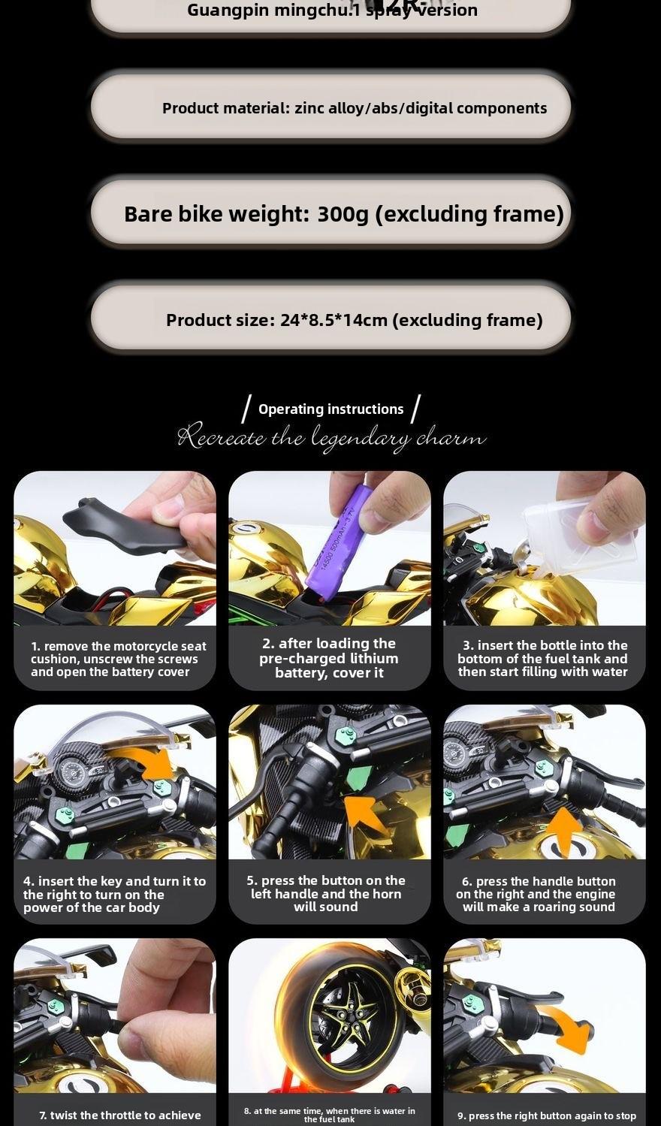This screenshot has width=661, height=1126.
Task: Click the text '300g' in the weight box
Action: point(343,214)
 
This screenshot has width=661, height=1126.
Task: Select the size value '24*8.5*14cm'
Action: point(334,320)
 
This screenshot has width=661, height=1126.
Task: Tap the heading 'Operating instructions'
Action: point(330,409)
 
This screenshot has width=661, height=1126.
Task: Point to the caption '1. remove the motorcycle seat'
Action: point(118,646)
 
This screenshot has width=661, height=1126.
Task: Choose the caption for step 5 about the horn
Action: point(326,893)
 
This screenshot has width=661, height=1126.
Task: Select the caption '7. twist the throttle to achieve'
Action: point(120,1115)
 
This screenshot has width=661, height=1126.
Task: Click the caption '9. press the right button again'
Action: point(546,1115)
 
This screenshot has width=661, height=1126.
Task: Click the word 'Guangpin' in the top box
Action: point(219,11)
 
